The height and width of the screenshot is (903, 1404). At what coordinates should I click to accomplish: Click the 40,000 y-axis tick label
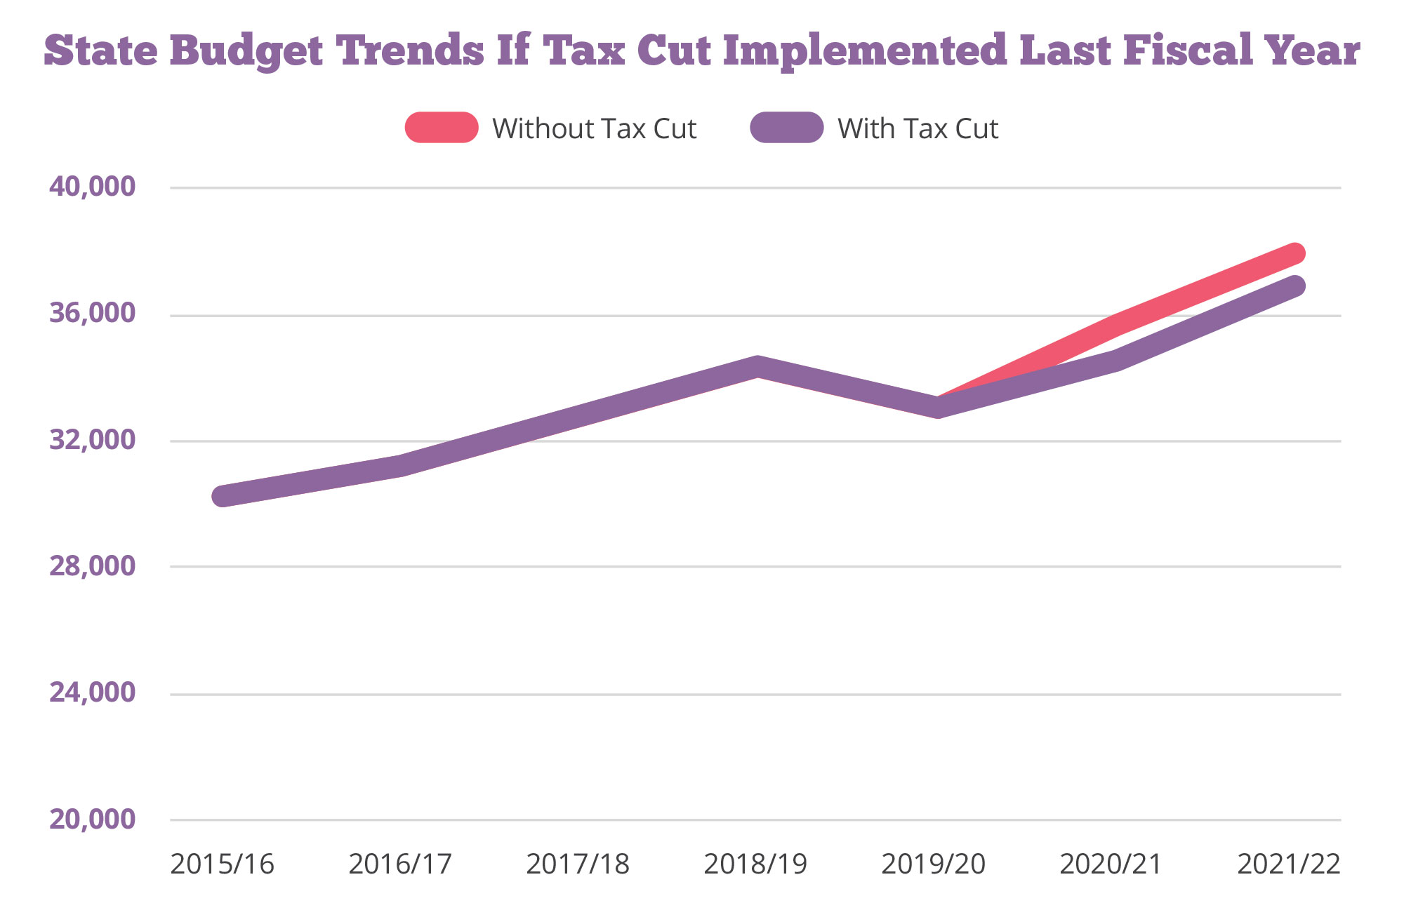[x=92, y=187]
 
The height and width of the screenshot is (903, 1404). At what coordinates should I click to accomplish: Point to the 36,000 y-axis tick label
[x=92, y=313]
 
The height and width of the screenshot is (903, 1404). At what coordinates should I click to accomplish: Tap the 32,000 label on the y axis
[x=92, y=440]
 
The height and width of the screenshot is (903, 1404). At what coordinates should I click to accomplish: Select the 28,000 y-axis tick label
[x=92, y=566]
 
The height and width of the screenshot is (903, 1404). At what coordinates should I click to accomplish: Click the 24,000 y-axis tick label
[x=92, y=693]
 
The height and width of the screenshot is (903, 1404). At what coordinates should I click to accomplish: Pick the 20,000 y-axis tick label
[x=92, y=819]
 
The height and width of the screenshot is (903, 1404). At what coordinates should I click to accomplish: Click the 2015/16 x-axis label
[x=222, y=864]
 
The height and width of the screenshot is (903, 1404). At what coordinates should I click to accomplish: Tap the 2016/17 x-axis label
[x=400, y=864]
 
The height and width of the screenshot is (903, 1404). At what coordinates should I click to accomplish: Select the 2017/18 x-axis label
[x=578, y=864]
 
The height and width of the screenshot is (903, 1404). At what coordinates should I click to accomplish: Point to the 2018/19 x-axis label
[x=755, y=864]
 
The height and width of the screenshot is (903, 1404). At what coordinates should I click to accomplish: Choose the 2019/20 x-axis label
[x=934, y=864]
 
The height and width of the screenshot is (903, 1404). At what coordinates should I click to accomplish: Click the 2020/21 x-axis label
[x=1111, y=864]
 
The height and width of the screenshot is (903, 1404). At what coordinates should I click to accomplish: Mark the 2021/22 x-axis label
[x=1289, y=864]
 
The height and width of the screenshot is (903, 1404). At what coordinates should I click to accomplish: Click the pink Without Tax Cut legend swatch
[x=442, y=128]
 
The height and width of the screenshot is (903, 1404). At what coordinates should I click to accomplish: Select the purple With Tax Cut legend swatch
[x=786, y=128]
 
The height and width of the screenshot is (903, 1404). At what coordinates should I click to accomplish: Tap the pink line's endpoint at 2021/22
[x=1295, y=253]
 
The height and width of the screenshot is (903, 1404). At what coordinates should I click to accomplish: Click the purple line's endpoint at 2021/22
[x=1295, y=286]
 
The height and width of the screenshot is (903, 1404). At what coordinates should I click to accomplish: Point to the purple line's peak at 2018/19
[x=757, y=366]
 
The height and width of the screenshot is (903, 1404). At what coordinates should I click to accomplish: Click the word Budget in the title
[x=246, y=51]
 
